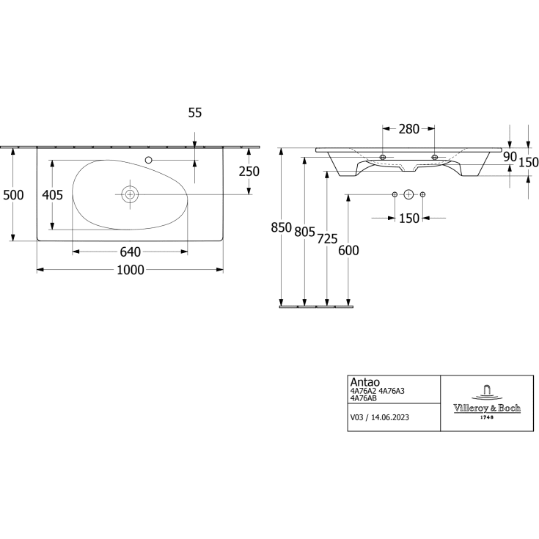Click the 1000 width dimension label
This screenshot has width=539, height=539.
(131, 270)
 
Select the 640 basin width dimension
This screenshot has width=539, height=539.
(131, 252)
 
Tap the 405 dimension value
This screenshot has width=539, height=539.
(53, 195)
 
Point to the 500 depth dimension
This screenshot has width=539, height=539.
(13, 195)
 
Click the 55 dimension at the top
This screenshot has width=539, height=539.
(195, 112)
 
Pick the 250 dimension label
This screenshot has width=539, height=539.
(249, 171)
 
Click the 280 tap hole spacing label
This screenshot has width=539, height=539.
(409, 129)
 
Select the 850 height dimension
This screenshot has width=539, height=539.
(281, 227)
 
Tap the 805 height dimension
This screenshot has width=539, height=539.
(304, 232)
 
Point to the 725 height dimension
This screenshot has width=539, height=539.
(327, 238)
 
